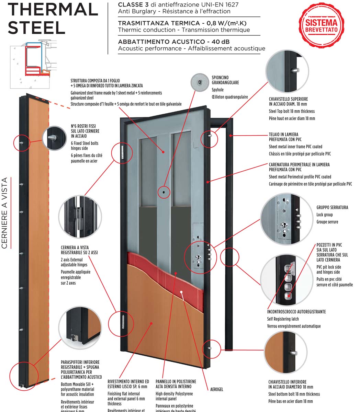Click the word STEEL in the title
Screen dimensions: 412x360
[36, 27]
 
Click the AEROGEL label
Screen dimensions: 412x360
[217, 389]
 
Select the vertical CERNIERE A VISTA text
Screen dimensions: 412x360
[5, 213]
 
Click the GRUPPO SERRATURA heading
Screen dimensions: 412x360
[332, 207]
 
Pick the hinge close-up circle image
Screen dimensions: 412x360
[80, 216]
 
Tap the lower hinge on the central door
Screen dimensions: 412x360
[123, 323]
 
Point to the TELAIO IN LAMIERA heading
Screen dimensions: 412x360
[284, 135]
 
